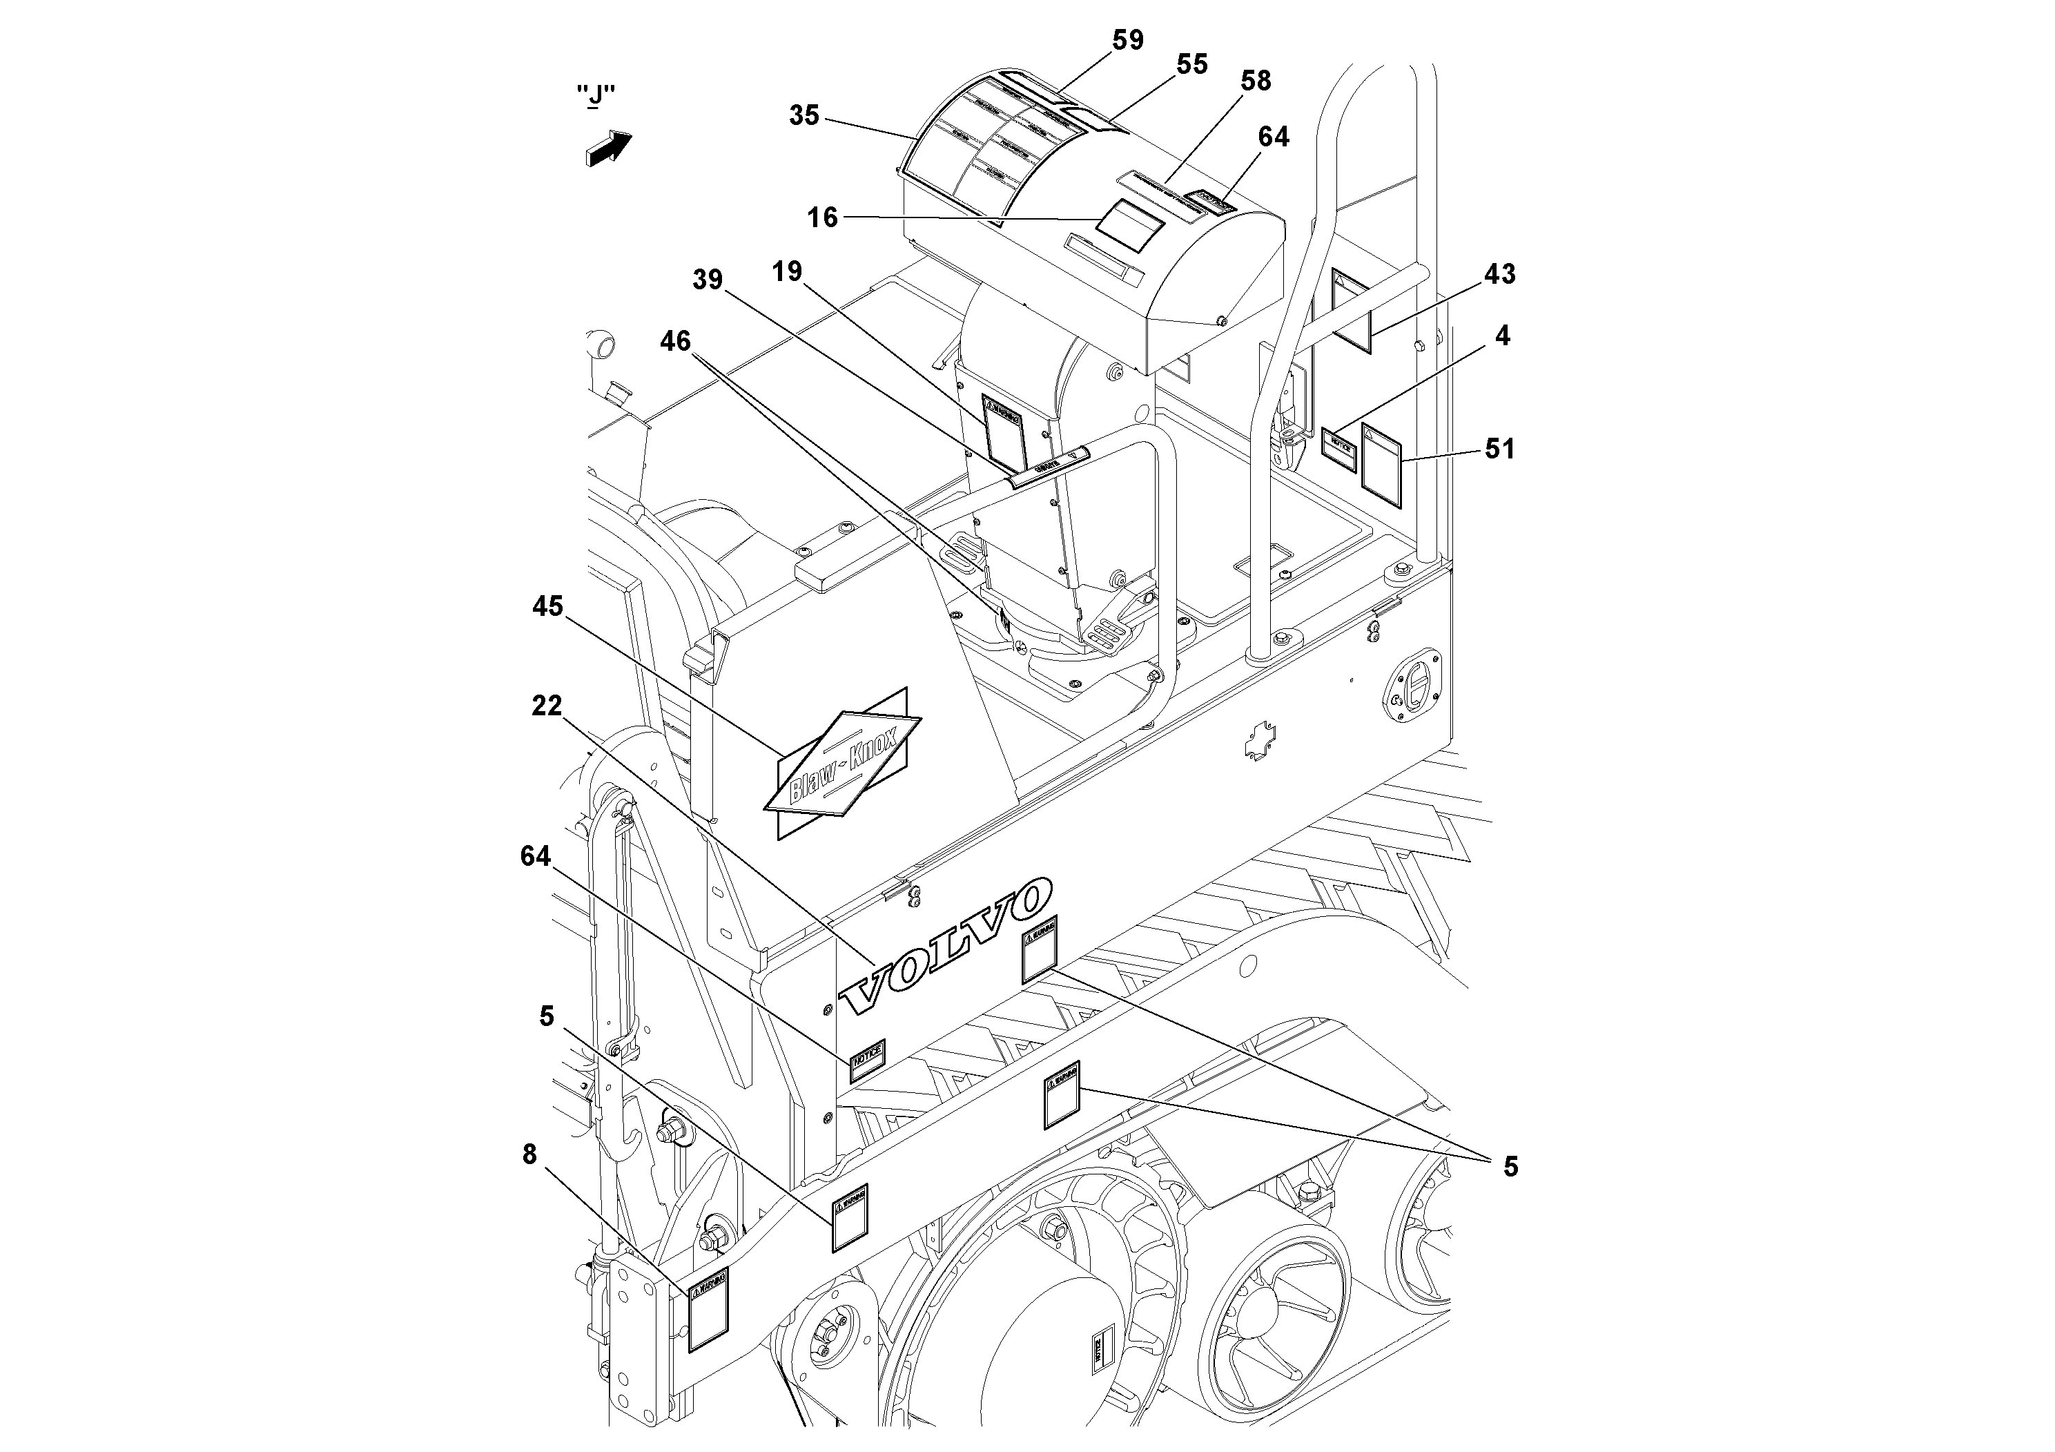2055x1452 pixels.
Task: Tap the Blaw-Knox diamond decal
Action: pyautogui.click(x=842, y=764)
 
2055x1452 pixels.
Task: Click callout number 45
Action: pyautogui.click(x=548, y=607)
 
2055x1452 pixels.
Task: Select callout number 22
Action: pyautogui.click(x=547, y=706)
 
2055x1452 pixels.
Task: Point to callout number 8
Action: pyautogui.click(x=530, y=1155)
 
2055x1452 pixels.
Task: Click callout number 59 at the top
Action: pyautogui.click(x=1128, y=40)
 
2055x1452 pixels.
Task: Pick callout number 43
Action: pyautogui.click(x=1499, y=274)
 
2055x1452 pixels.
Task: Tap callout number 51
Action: pyautogui.click(x=1500, y=449)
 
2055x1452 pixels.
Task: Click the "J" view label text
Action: pyautogui.click(x=595, y=95)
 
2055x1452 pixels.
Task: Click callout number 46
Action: pyautogui.click(x=676, y=341)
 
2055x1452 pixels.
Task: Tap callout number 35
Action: pyautogui.click(x=804, y=115)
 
